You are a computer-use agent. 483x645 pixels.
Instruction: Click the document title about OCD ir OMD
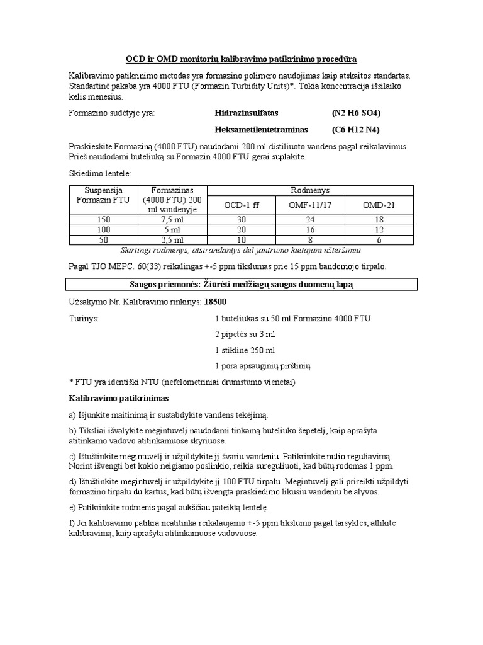pos(241,59)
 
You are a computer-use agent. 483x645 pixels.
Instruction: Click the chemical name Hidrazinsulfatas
pos(246,113)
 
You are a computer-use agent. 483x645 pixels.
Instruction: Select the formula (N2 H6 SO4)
pos(357,113)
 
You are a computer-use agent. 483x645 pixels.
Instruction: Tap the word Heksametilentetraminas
pos(261,129)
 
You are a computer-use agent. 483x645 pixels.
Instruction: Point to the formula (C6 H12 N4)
pos(357,129)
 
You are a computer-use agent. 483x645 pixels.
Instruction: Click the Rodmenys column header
pos(310,190)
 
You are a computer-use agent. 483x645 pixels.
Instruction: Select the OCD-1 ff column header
pos(241,205)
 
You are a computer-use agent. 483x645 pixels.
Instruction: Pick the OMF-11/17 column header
pos(310,205)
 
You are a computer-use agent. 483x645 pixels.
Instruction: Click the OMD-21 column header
pos(379,205)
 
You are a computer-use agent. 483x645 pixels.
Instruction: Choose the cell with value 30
pos(241,220)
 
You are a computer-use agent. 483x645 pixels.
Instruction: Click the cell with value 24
pos(310,220)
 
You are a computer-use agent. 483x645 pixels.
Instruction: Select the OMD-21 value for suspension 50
pos(379,240)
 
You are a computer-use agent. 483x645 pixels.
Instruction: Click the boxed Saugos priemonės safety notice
pos(241,285)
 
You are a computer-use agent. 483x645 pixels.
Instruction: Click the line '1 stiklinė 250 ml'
pos(245,350)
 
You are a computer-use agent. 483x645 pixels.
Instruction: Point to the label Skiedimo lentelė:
pos(99,173)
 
